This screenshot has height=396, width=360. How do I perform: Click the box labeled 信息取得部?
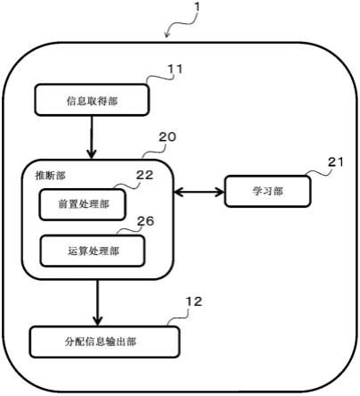point(92,100)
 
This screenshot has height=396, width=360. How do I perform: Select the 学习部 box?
point(267,191)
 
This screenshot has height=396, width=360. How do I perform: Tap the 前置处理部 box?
point(82,204)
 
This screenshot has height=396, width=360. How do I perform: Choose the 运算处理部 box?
point(93,251)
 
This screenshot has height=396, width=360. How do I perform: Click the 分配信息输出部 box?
point(104,342)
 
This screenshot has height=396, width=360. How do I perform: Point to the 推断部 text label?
point(50,176)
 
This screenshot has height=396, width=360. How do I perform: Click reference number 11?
point(175,70)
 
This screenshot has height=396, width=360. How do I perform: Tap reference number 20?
point(168,136)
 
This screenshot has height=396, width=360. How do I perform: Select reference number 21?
point(336,162)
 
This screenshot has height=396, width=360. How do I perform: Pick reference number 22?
point(144,175)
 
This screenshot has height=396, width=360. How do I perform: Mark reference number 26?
point(145,221)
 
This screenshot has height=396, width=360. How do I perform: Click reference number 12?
point(193,301)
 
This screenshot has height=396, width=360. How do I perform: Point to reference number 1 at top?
point(197,6)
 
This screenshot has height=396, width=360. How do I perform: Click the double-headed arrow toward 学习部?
point(199,193)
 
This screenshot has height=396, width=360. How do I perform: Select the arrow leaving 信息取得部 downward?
point(92,136)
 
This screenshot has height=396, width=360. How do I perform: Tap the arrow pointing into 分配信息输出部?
point(97,303)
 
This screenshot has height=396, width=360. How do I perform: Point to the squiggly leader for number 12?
point(178,318)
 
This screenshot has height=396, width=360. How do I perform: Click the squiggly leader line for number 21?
point(318,172)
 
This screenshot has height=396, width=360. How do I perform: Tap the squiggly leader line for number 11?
point(160,78)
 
